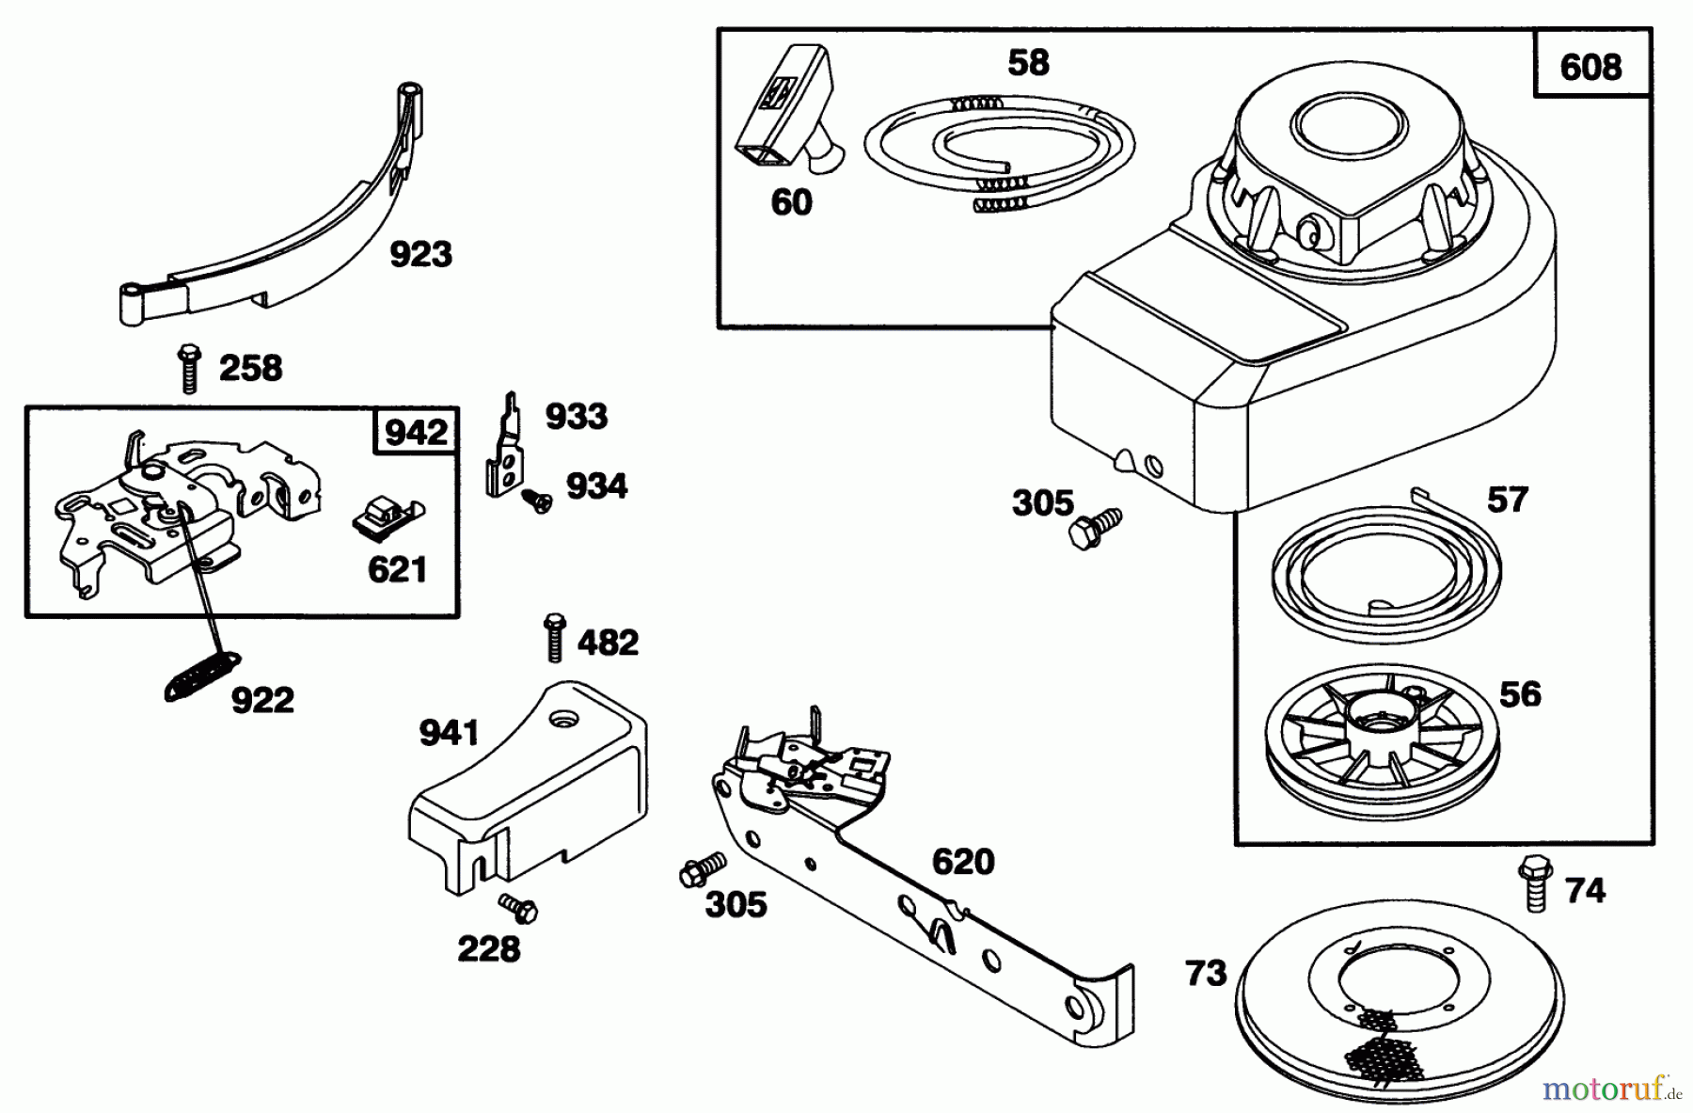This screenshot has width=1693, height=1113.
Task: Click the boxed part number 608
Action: click(1590, 67)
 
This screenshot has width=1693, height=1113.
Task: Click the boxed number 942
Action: click(416, 432)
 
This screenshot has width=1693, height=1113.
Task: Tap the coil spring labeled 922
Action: click(203, 676)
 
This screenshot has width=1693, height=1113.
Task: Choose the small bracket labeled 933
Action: click(506, 447)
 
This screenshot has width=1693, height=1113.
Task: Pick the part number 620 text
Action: click(963, 861)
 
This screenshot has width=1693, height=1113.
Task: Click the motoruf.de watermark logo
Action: click(1610, 1089)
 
